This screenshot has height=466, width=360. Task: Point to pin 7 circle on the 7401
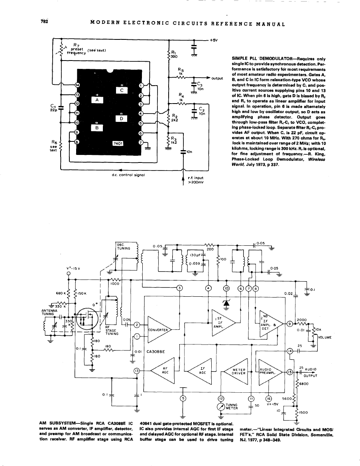tap(140, 143)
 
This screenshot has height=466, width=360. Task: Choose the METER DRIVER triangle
tap(238, 371)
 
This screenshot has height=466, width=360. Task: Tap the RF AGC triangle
tap(163, 371)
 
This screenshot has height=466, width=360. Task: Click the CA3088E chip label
tap(155, 352)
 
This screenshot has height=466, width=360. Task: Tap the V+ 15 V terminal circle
tap(69, 274)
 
